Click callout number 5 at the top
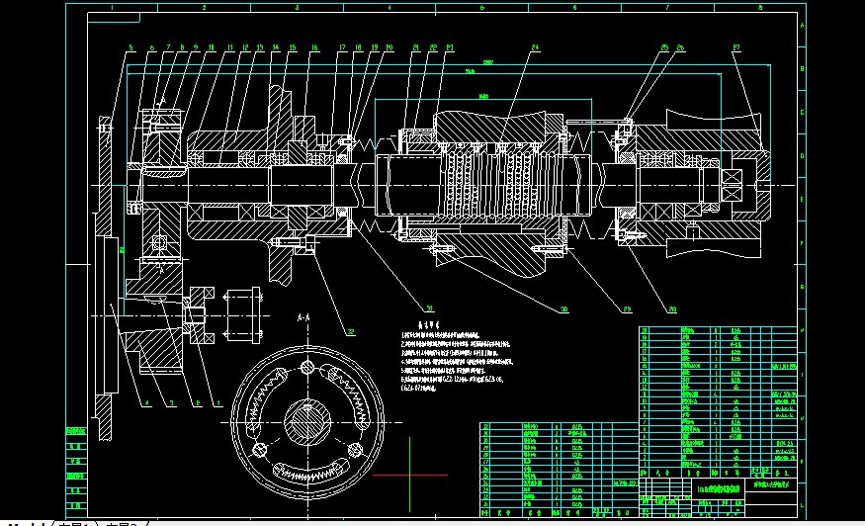click(x=130, y=46)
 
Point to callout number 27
click(x=736, y=46)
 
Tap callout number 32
click(x=349, y=331)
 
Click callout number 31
click(x=402, y=307)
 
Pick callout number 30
click(x=563, y=309)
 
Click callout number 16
click(x=314, y=46)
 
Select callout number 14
click(x=276, y=46)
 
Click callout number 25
click(x=664, y=46)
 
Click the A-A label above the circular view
click(x=305, y=317)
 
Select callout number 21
click(x=416, y=46)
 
